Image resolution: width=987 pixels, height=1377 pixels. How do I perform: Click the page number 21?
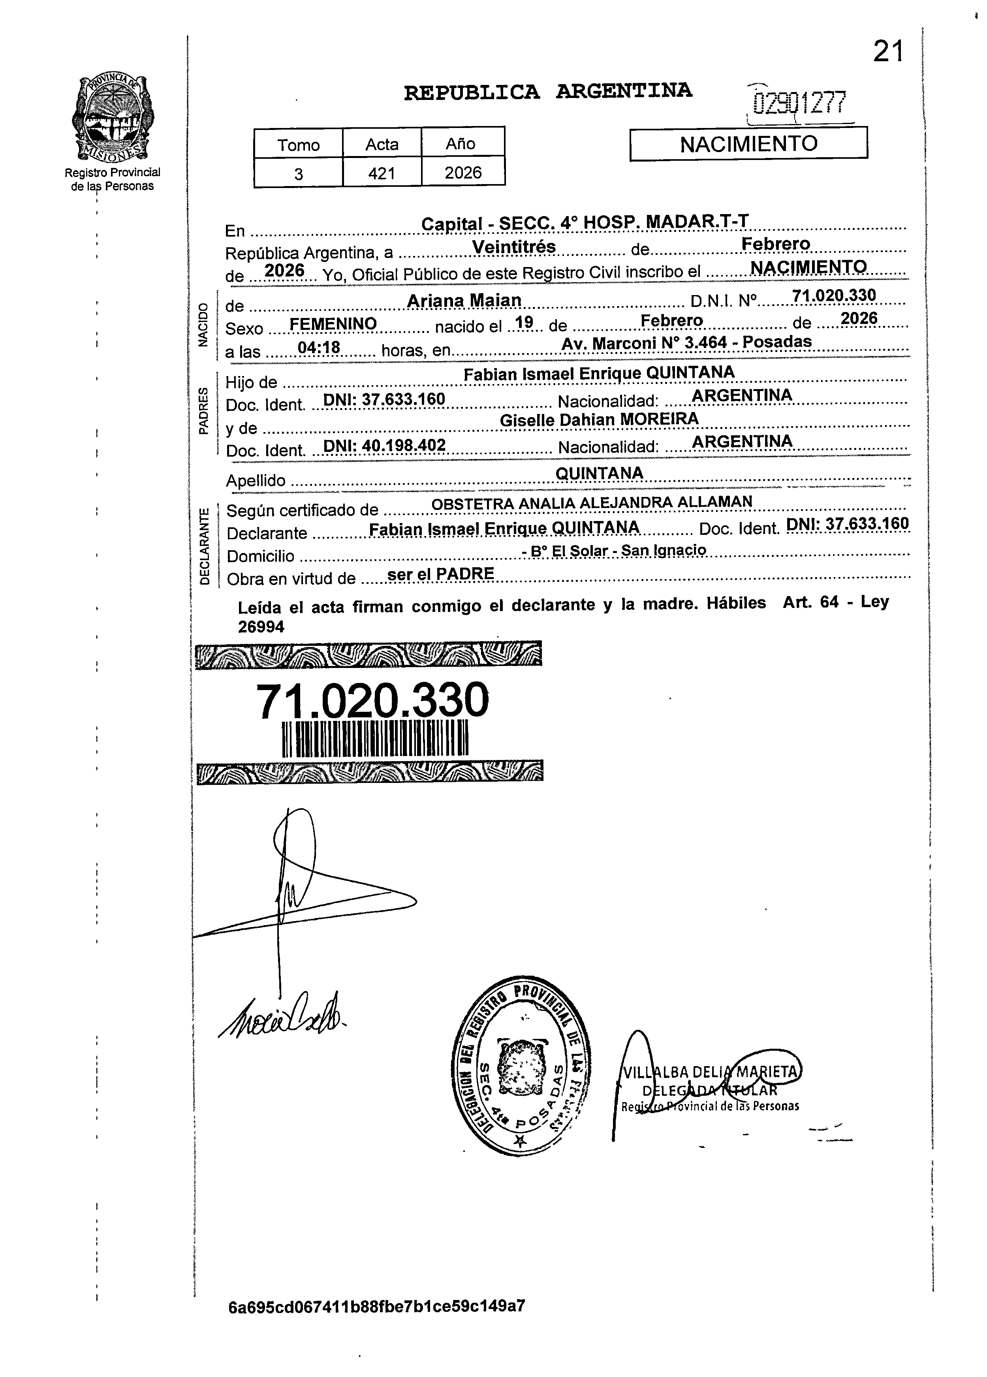click(888, 52)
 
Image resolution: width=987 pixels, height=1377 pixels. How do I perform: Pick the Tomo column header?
click(298, 145)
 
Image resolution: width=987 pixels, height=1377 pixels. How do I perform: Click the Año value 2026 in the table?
click(462, 173)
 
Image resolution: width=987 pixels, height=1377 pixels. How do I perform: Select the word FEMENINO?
click(333, 324)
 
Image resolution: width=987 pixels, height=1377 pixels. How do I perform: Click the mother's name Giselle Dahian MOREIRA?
click(598, 419)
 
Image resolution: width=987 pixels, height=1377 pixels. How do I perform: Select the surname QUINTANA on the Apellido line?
click(599, 472)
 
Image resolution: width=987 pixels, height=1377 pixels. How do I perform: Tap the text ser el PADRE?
click(440, 573)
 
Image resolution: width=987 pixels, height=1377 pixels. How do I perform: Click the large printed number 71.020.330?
click(372, 700)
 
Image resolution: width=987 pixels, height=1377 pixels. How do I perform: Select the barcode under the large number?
click(376, 739)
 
